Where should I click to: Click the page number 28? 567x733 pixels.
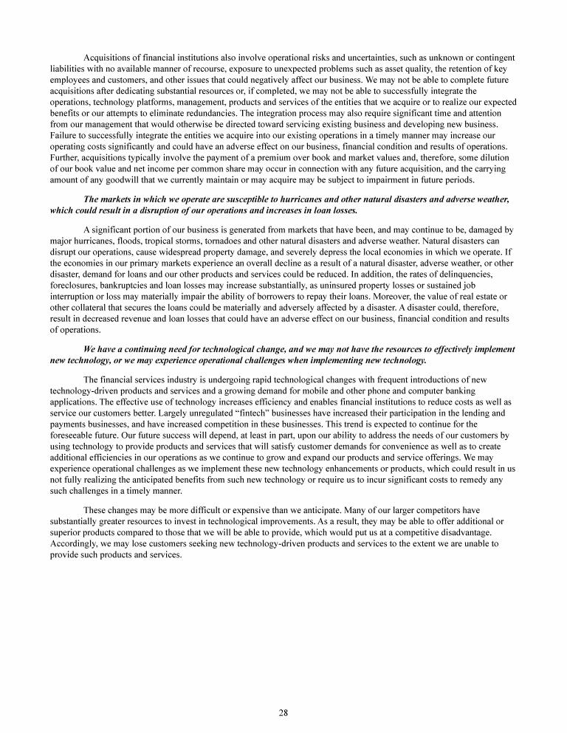pos(283,712)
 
